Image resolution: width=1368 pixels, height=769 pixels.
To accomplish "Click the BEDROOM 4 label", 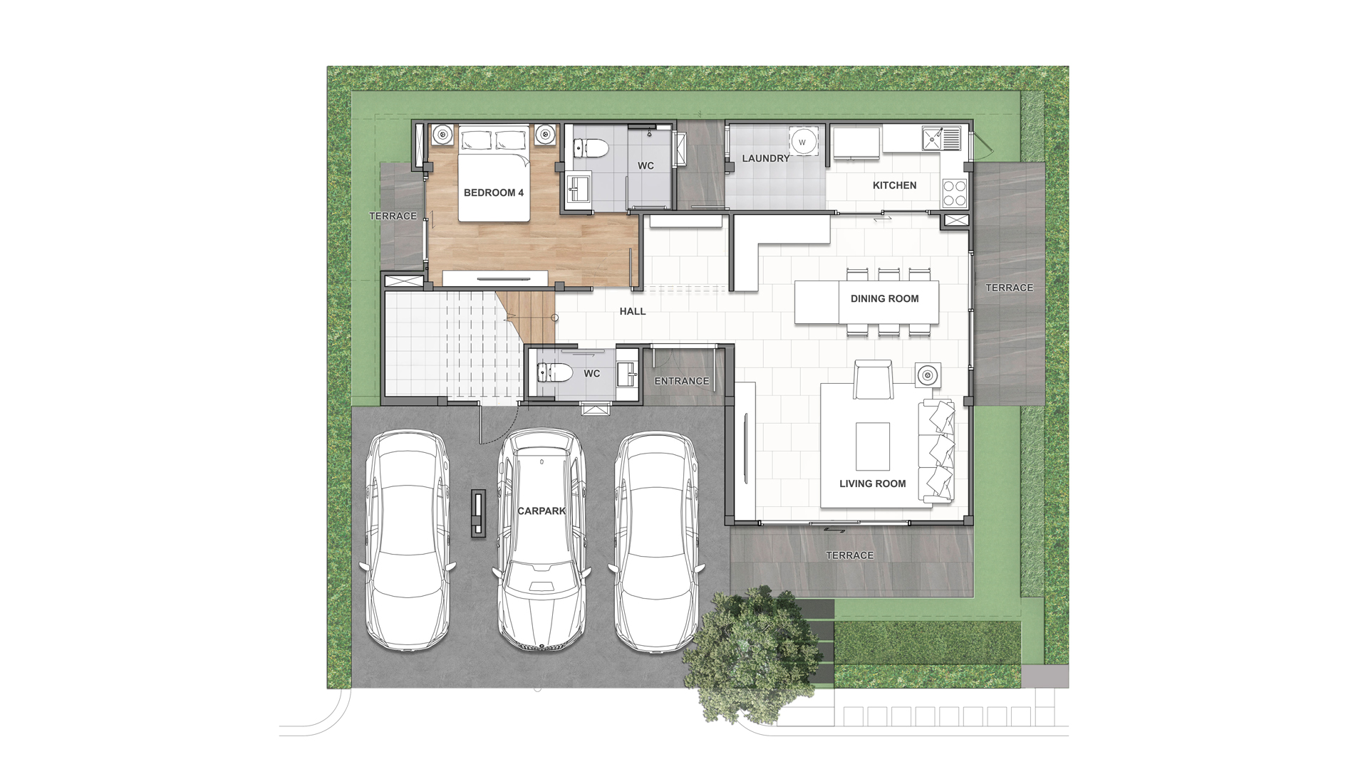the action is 494,193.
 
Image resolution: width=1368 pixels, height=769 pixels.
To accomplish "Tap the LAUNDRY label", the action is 766,158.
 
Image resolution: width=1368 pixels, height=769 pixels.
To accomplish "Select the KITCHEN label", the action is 895,185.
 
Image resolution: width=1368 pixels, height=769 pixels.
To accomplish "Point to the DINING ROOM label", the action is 885,299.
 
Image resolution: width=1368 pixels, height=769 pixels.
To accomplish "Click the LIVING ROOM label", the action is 873,483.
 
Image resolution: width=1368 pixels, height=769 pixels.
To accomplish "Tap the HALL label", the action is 633,311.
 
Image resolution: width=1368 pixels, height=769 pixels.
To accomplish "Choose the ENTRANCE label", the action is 682,381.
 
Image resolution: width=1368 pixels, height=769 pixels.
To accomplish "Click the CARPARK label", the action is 541,511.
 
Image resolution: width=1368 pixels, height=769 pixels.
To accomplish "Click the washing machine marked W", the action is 802,142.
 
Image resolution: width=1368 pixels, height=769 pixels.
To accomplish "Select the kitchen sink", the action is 941,138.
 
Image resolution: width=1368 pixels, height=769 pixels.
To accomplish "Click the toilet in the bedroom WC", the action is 591,148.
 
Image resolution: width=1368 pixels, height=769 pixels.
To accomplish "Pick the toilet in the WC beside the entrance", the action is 555,372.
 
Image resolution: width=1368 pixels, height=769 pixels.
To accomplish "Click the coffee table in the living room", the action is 873,446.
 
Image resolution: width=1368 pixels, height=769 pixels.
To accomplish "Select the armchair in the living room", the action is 873,380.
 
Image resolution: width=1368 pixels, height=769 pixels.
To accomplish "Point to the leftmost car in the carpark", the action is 408,538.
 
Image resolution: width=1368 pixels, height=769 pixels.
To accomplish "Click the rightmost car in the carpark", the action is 658,541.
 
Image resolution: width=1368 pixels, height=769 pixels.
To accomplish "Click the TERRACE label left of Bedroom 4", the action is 393,216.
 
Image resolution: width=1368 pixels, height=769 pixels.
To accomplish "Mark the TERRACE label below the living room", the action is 849,555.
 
